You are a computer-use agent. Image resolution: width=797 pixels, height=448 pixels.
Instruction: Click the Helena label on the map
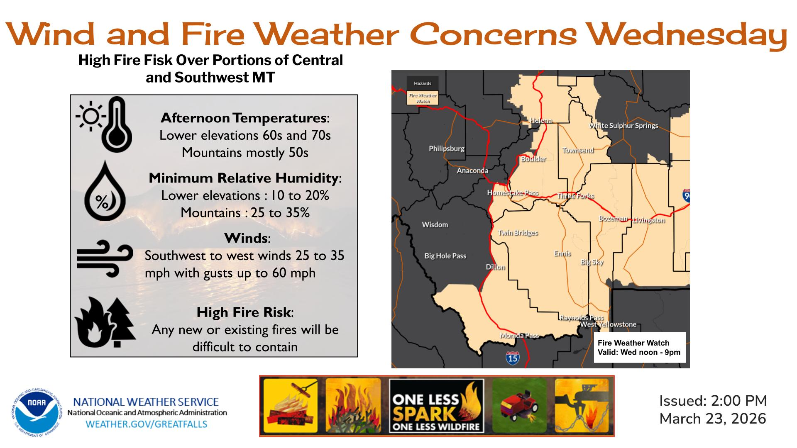pos(541,120)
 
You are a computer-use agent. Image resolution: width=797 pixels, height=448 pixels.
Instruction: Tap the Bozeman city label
pos(613,219)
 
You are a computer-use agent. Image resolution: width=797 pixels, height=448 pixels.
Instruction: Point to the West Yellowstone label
pos(608,324)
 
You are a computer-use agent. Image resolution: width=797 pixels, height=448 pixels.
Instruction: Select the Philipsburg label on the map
pos(447,149)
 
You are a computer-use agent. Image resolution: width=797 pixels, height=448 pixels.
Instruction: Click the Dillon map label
pos(495,267)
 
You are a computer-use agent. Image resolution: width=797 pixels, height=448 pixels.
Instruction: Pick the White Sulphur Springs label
pos(623,126)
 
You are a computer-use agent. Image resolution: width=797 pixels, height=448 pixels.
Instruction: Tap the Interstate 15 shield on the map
pos(513,357)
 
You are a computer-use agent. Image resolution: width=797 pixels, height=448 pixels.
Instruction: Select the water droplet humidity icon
pos(105,191)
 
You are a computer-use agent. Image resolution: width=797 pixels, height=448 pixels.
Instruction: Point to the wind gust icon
pos(105,258)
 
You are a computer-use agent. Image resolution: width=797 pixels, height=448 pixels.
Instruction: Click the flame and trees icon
pos(105,322)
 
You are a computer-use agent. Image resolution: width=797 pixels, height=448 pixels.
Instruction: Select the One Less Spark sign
pos(437,406)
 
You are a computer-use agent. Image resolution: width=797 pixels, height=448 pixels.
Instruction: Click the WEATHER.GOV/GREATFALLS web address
pos(146,424)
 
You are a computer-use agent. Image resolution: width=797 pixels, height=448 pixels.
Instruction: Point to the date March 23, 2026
pos(713,419)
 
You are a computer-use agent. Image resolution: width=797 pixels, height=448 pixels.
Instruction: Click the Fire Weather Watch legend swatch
pos(423,98)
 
